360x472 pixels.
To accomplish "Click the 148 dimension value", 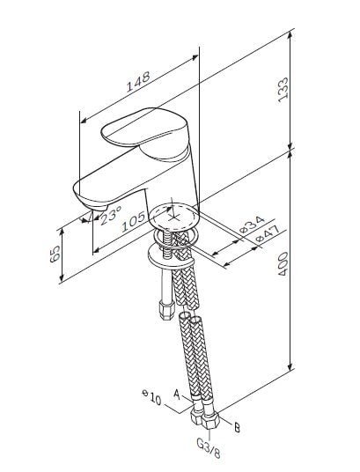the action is (137, 81).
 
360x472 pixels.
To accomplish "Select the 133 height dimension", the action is (283, 90).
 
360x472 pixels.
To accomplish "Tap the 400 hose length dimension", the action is (283, 263).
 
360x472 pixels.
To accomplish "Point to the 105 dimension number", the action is (133, 222).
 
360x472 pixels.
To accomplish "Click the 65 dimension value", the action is (55, 254).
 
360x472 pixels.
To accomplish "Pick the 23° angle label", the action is (111, 215).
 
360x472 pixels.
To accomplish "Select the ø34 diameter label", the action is (252, 225).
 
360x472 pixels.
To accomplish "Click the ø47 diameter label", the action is (268, 234).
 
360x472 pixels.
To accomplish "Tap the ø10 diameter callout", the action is (151, 397).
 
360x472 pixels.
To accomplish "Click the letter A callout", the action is (178, 395).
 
